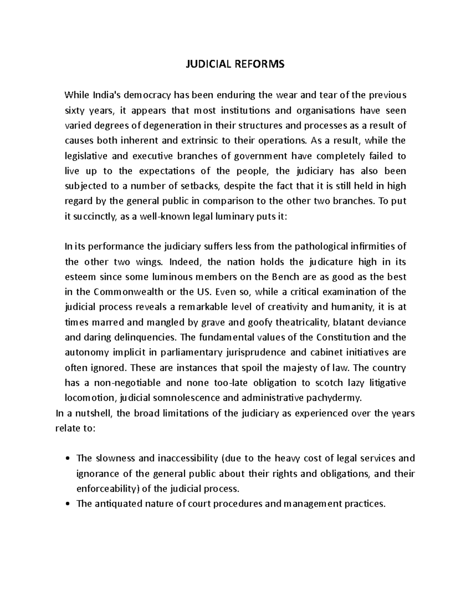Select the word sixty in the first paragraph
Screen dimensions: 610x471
pyautogui.click(x=75, y=110)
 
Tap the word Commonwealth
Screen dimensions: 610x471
pyautogui.click(x=129, y=292)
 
